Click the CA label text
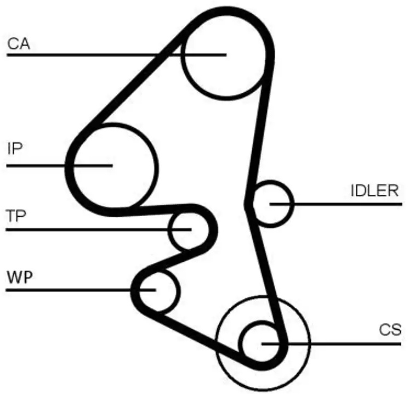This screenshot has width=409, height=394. (x=18, y=44)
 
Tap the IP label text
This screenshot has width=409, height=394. (x=14, y=149)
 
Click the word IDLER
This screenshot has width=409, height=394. (x=374, y=191)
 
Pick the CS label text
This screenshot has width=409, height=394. (x=390, y=330)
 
